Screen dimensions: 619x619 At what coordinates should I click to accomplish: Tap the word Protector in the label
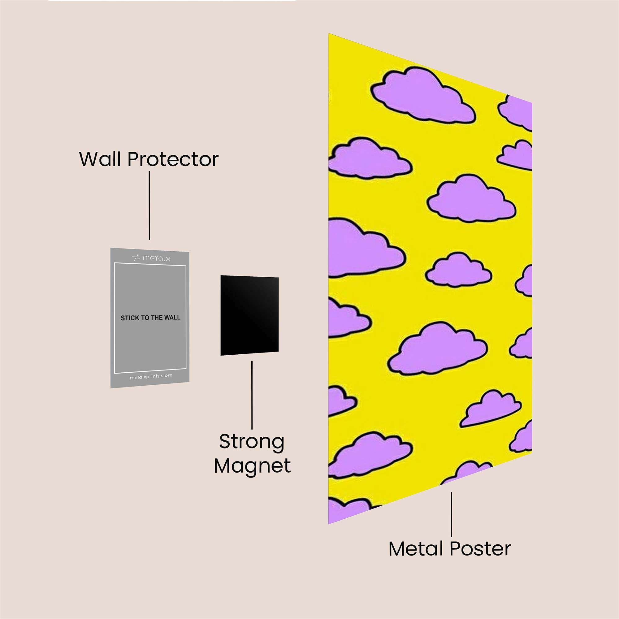tap(173, 160)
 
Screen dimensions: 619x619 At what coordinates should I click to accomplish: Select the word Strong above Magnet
tap(252, 443)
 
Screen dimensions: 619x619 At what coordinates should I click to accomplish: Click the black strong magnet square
tap(249, 316)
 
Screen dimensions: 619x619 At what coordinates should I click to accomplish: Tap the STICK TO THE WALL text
tap(150, 318)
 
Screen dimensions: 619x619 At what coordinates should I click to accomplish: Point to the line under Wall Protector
tap(149, 205)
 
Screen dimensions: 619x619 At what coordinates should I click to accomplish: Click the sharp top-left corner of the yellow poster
tap(329, 34)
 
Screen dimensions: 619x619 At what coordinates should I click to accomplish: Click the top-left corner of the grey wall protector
tap(111, 248)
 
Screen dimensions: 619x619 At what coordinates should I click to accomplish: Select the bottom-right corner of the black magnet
tap(278, 352)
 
